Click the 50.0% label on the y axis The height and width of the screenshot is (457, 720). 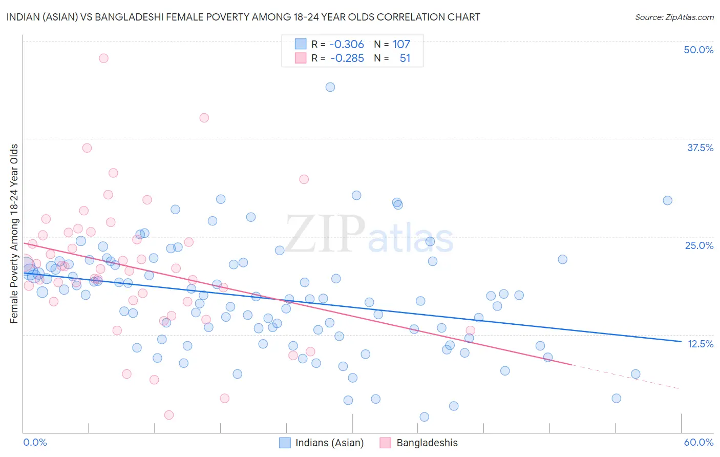(x=698, y=50)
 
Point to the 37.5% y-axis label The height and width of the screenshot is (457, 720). (x=700, y=148)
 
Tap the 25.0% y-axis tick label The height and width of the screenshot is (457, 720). (x=699, y=245)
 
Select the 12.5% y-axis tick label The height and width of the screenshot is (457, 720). (x=700, y=343)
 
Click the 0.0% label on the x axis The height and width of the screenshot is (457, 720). (x=35, y=442)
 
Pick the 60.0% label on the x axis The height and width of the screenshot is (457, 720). (x=698, y=442)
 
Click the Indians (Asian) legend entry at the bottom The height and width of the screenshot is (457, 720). (x=329, y=443)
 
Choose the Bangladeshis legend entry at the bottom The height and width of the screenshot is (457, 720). (x=427, y=443)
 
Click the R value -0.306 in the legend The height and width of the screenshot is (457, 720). (x=347, y=44)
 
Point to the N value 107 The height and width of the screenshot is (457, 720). (x=401, y=44)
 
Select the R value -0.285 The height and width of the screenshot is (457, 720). (x=347, y=58)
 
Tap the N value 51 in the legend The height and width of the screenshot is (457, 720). (x=405, y=58)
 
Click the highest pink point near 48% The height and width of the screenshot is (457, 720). (x=103, y=58)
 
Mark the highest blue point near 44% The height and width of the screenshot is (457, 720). (x=330, y=87)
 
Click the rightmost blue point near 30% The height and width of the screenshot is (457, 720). (x=667, y=200)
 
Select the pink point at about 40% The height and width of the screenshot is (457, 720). (x=204, y=118)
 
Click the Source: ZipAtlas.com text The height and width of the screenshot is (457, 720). (x=674, y=17)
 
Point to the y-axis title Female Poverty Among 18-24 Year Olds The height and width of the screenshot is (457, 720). (x=14, y=234)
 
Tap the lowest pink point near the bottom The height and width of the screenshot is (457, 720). (x=169, y=415)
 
